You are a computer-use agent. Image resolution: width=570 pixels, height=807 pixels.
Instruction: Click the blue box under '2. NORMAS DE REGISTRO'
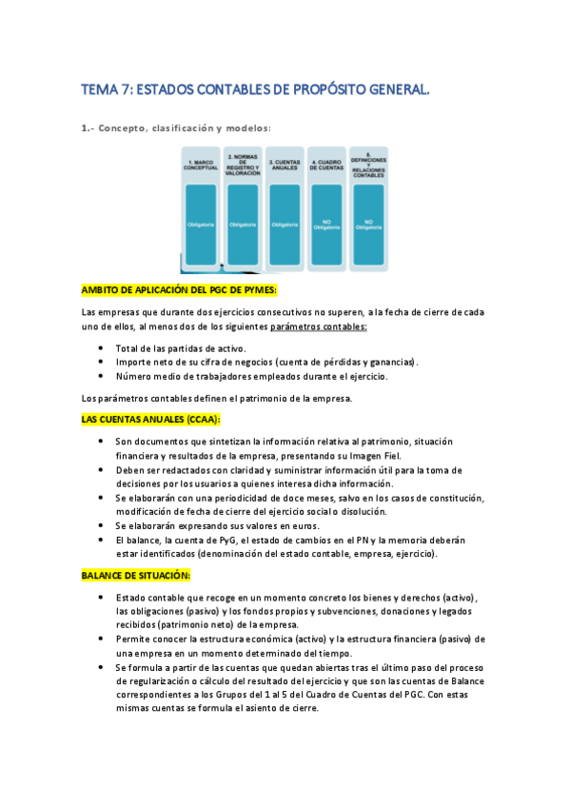click(x=243, y=225)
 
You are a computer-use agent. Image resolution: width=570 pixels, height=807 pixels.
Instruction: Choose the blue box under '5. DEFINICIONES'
click(x=368, y=225)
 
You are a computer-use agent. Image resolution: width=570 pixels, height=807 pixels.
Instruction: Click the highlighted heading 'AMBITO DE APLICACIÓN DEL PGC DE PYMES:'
click(x=179, y=290)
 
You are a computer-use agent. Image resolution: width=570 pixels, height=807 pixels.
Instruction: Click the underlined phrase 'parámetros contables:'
click(x=319, y=327)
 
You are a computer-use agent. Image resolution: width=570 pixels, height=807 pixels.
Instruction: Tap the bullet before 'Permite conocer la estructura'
click(x=102, y=639)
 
